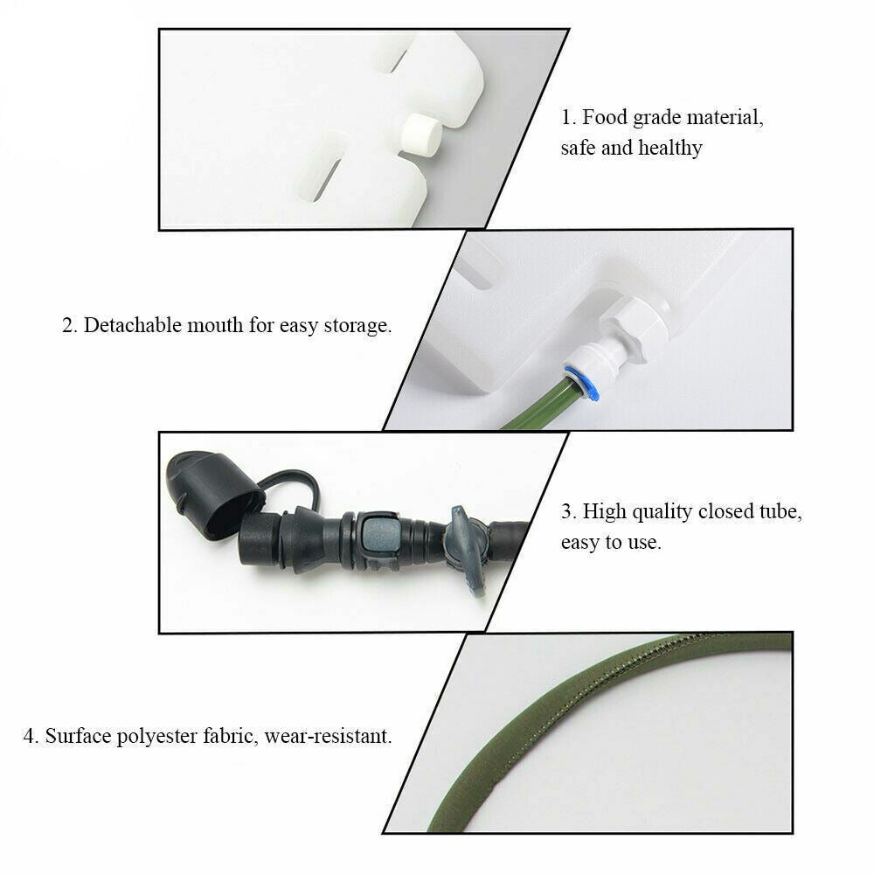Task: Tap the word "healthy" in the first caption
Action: (670, 149)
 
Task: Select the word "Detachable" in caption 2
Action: (133, 325)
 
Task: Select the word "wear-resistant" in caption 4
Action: (328, 736)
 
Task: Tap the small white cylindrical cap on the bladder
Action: (422, 135)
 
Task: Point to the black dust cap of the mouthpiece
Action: (213, 494)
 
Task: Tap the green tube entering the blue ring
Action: (538, 405)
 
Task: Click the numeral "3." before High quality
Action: (569, 511)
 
